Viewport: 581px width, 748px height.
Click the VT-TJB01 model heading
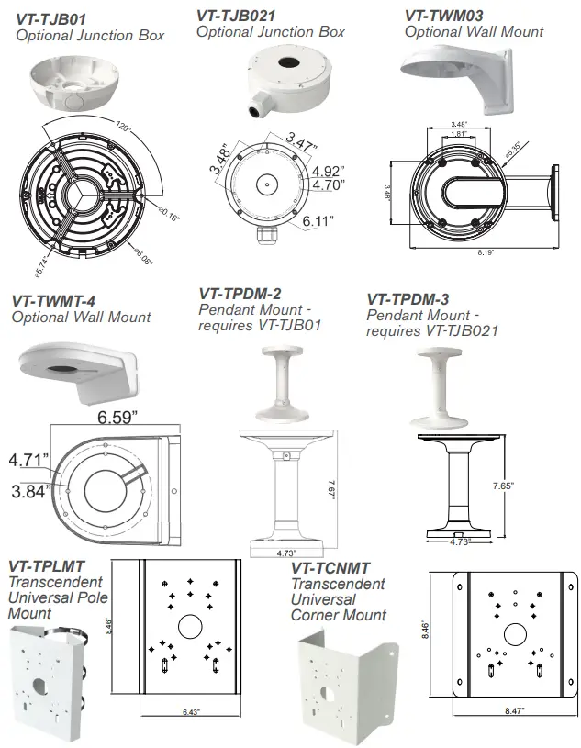(51, 18)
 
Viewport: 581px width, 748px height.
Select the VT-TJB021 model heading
(237, 16)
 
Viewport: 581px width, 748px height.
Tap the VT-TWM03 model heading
(444, 16)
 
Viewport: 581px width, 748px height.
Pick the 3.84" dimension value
(29, 492)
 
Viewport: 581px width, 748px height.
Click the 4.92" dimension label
(328, 171)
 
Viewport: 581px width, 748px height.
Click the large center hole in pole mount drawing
(189, 627)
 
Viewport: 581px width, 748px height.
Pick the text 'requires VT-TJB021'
(432, 330)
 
